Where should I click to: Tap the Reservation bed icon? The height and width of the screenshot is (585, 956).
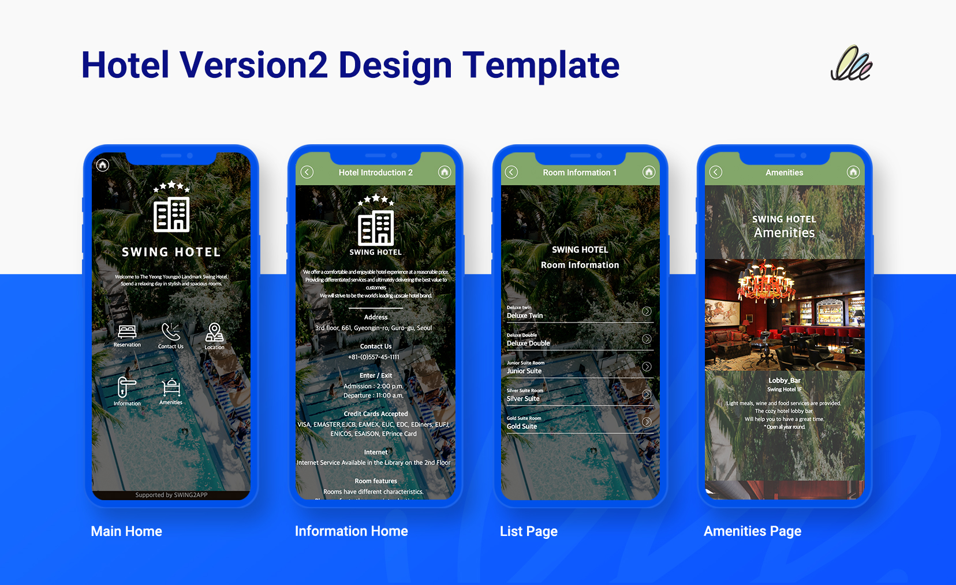pyautogui.click(x=127, y=332)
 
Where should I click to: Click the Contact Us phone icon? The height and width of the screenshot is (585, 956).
pyautogui.click(x=171, y=332)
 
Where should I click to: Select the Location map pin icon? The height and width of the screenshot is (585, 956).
pyautogui.click(x=214, y=332)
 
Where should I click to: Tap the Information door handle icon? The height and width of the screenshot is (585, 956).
pyautogui.click(x=126, y=387)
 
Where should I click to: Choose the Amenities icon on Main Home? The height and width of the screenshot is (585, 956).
pyautogui.click(x=171, y=387)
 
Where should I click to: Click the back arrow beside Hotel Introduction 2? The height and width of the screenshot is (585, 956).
pyautogui.click(x=307, y=172)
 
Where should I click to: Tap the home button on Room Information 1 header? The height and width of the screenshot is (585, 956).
pyautogui.click(x=649, y=172)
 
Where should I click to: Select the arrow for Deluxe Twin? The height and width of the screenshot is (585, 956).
pyautogui.click(x=647, y=312)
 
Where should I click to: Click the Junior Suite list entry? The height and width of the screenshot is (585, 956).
pyautogui.click(x=524, y=371)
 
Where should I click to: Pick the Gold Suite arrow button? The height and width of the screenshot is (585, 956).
pyautogui.click(x=647, y=422)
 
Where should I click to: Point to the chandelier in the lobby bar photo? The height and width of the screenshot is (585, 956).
pyautogui.click(x=766, y=283)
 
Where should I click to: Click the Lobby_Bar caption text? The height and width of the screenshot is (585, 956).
pyautogui.click(x=785, y=380)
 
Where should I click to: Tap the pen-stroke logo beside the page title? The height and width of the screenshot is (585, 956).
pyautogui.click(x=852, y=64)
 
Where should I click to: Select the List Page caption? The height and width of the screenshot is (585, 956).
pyautogui.click(x=529, y=531)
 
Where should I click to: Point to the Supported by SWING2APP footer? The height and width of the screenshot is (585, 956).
pyautogui.click(x=171, y=495)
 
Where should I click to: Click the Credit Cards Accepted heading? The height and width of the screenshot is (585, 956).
pyautogui.click(x=376, y=414)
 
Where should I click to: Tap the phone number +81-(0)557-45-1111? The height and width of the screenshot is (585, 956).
pyautogui.click(x=374, y=357)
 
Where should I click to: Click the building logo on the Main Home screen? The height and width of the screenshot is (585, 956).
pyautogui.click(x=171, y=215)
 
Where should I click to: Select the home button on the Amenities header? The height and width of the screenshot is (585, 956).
pyautogui.click(x=853, y=172)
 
